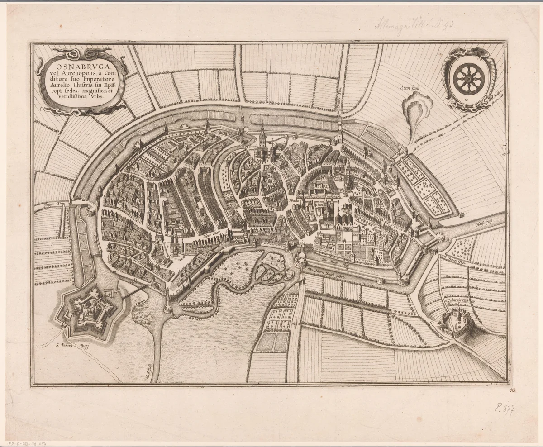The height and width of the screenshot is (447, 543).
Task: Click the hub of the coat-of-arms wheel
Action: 468,78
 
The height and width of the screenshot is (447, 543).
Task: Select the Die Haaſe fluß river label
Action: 331,260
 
